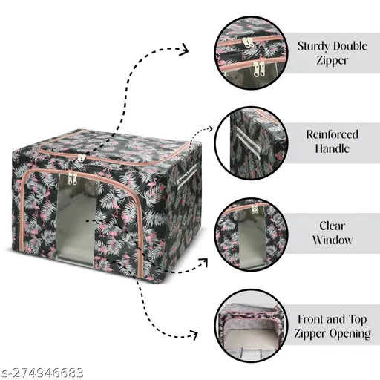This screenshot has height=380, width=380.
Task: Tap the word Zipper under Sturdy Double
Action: [332, 61]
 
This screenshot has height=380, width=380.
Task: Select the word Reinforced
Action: [332, 134]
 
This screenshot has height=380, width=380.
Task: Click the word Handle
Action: [332, 148]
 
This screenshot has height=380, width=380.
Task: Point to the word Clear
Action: [332, 226]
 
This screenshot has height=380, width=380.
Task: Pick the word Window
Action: [332, 240]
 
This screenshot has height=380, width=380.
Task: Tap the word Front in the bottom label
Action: [310, 319]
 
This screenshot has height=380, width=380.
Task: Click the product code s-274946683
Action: [42, 373]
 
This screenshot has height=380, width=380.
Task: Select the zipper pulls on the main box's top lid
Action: [81, 158]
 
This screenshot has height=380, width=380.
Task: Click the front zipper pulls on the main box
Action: [73, 178]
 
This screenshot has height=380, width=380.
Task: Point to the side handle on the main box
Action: [186, 176]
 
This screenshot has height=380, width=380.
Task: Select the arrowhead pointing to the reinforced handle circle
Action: [211, 128]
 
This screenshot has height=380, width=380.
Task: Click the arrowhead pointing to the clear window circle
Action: [204, 262]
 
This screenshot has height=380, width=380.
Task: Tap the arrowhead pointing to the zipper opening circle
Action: [194, 335]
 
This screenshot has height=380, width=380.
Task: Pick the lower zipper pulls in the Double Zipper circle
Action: [259, 69]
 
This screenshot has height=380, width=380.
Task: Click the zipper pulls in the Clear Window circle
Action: [255, 209]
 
